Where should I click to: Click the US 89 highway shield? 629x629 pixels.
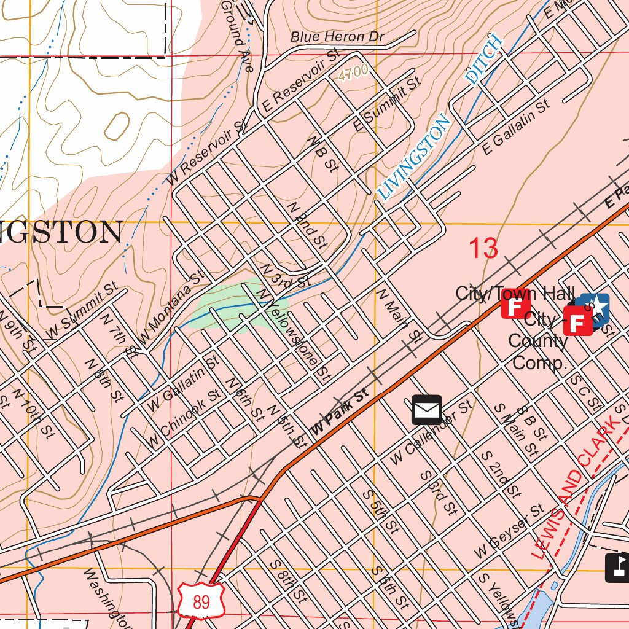(201, 601)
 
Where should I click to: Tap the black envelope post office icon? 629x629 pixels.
(426, 410)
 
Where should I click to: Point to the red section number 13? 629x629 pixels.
(483, 249)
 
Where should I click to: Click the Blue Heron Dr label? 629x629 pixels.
(337, 37)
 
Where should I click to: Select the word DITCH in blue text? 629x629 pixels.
(485, 59)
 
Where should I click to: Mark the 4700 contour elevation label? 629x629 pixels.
(353, 72)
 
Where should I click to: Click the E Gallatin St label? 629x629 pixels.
(515, 128)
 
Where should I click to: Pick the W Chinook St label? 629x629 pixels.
(184, 418)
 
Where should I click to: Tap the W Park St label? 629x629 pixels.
(340, 412)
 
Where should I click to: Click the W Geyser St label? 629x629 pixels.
(509, 532)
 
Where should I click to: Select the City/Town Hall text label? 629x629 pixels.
(515, 294)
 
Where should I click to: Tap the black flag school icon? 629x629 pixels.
(618, 568)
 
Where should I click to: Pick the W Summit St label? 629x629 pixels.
(82, 311)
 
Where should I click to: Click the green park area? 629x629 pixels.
(230, 305)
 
